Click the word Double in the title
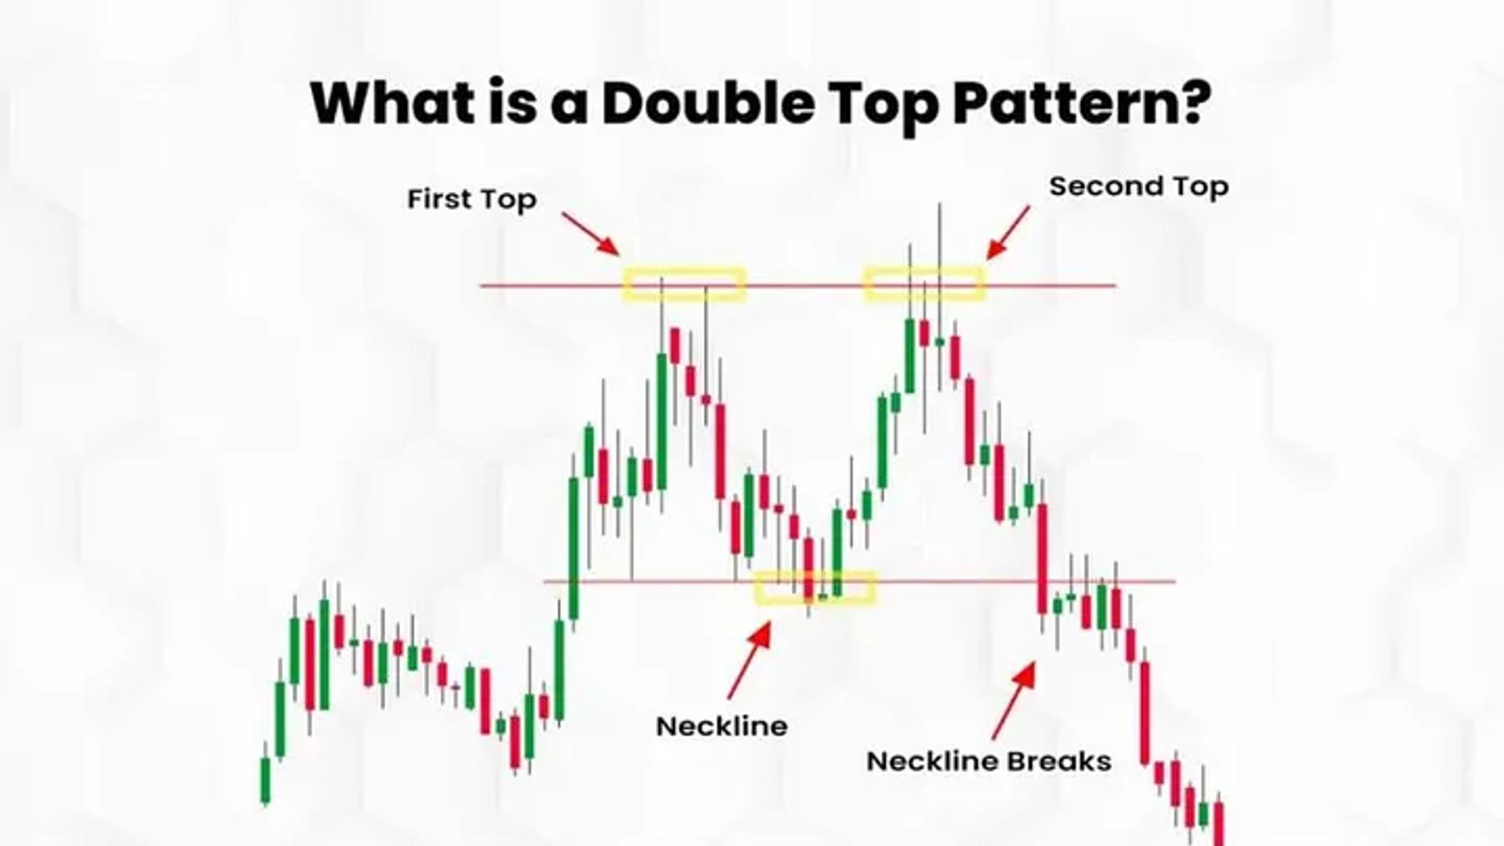708,103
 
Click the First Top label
472,199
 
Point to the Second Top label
1138,186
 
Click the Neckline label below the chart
721,726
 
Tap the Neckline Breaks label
989,761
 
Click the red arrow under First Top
591,233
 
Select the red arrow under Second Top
1007,233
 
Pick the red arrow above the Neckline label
750,660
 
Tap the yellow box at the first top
684,284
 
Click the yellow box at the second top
924,284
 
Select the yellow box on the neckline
815,587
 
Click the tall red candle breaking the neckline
1043,559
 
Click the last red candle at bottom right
1219,822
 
